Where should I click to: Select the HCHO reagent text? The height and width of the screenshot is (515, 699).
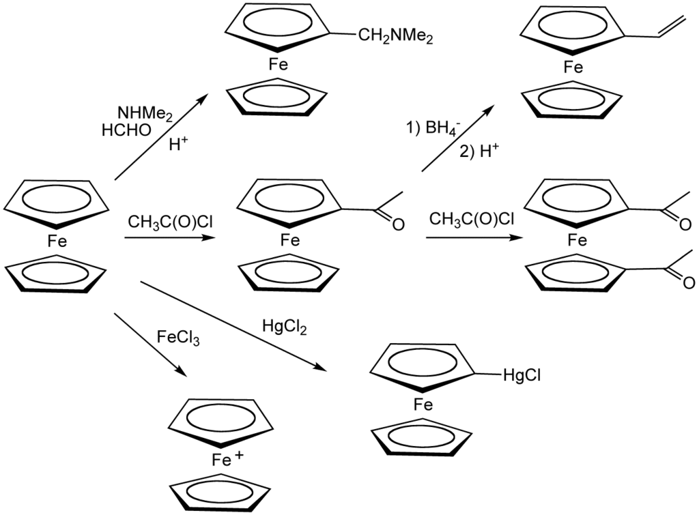pyautogui.click(x=126, y=129)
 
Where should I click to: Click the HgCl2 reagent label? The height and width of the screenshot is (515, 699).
pyautogui.click(x=285, y=327)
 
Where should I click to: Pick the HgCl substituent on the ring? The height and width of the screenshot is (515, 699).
pyautogui.click(x=522, y=375)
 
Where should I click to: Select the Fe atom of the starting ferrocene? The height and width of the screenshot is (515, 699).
pyautogui.click(x=57, y=239)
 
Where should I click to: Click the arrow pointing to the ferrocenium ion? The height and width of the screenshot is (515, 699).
pyautogui.click(x=150, y=344)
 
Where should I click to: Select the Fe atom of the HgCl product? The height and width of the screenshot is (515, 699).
pyautogui.click(x=423, y=406)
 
